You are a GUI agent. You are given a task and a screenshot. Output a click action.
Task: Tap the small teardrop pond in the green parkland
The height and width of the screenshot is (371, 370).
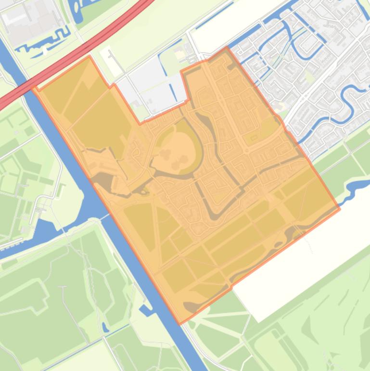tap(105, 328)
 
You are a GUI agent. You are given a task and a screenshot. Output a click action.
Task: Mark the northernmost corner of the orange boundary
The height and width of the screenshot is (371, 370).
tap(227, 48)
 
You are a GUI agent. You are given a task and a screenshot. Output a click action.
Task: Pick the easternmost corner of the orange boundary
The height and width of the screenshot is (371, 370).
tap(340, 209)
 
